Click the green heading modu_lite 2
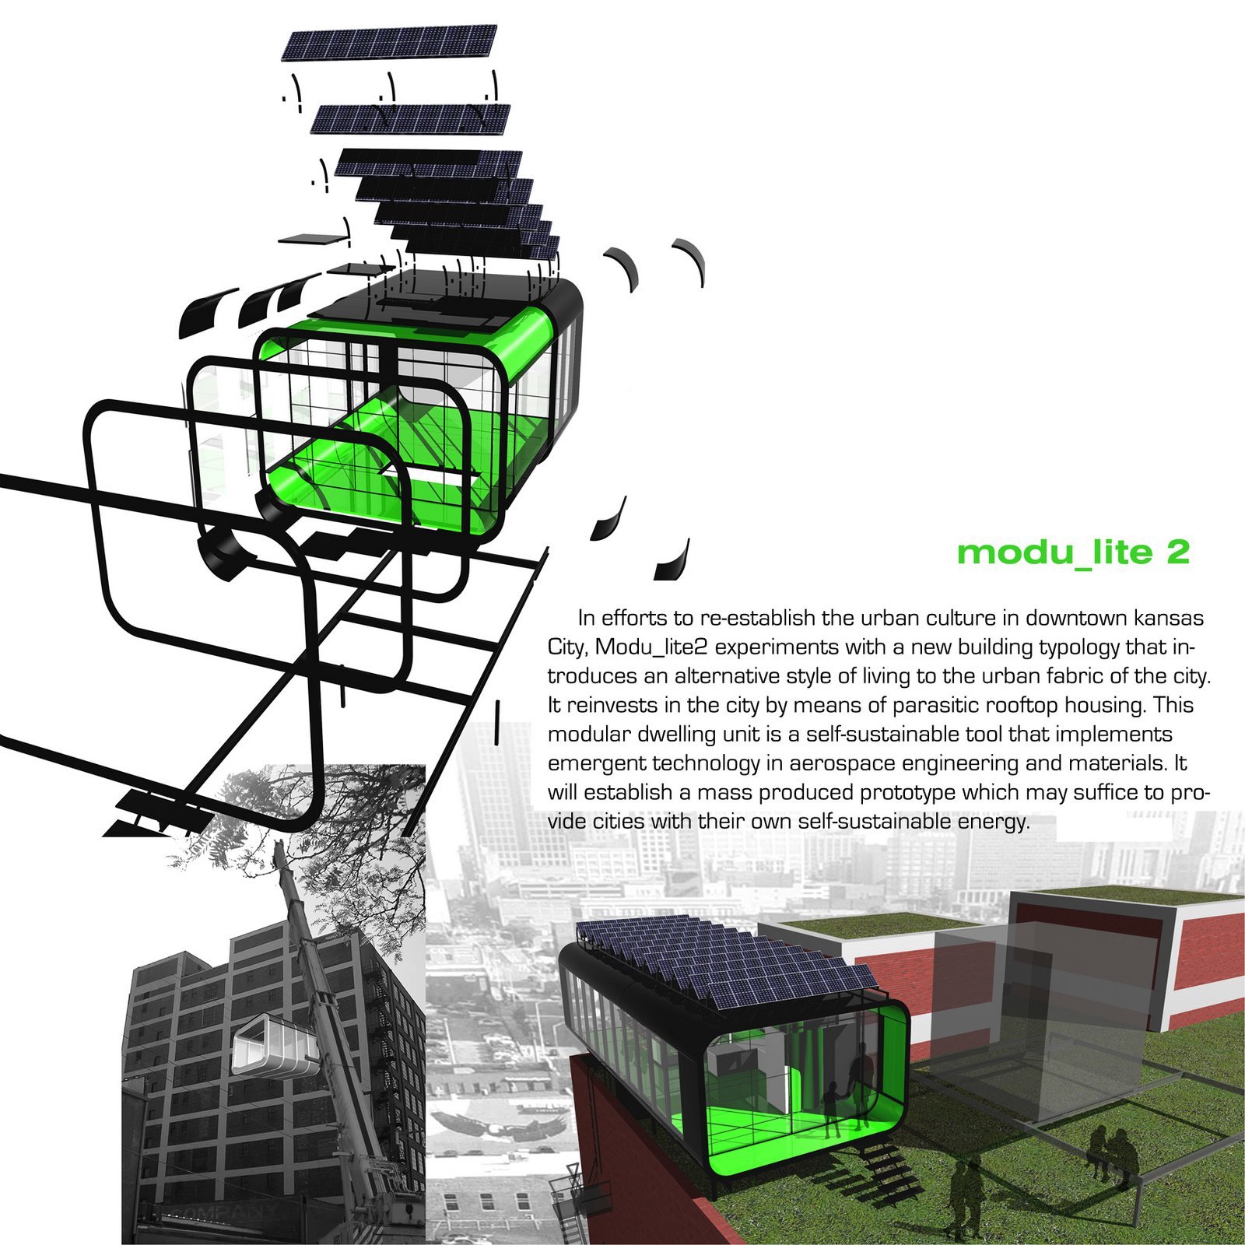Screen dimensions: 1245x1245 (1073, 552)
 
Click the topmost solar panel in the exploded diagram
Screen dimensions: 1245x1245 (390, 44)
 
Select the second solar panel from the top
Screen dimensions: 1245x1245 (411, 118)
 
